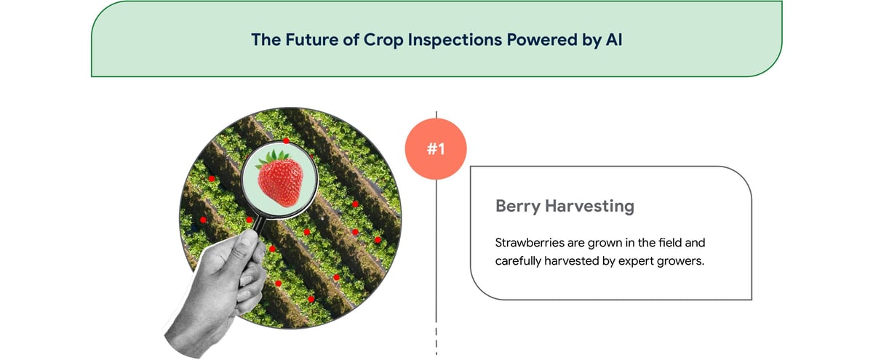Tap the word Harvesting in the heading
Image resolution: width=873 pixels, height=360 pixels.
click(590, 207)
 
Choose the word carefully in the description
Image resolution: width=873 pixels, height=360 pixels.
click(520, 262)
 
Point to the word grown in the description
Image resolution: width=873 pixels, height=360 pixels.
click(597, 243)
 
